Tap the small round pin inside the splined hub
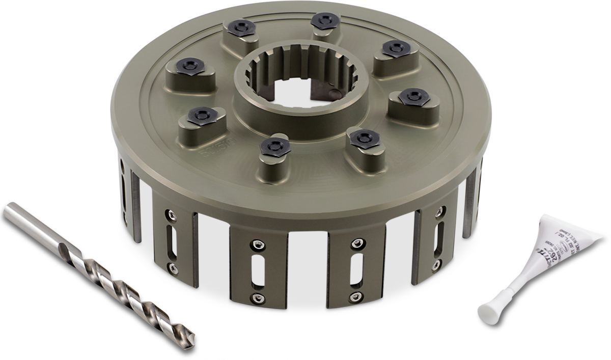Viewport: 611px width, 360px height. (x=332, y=93)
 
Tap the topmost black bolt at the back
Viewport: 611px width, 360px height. (x=324, y=20)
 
